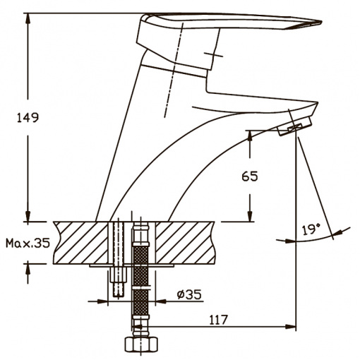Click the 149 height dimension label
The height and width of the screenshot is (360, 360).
[28, 117]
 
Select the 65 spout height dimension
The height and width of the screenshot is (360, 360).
[250, 176]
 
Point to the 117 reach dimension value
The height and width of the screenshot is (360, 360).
[219, 320]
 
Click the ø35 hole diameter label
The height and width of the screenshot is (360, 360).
[189, 294]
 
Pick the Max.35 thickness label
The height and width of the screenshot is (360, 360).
[28, 243]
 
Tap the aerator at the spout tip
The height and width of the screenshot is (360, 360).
[294, 126]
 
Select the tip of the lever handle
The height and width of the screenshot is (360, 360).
[321, 22]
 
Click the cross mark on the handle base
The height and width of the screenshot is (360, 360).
[213, 54]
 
